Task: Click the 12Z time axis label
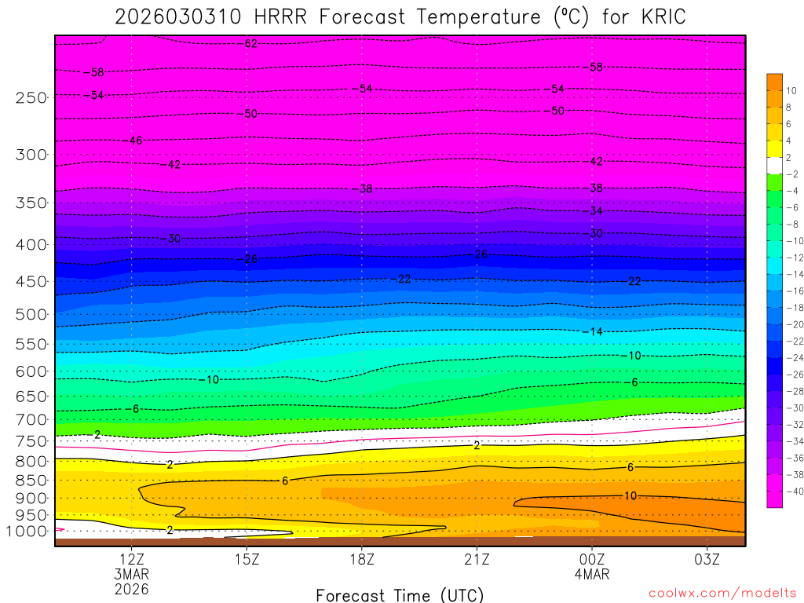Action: click(131, 560)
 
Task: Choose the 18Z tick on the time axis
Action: click(361, 560)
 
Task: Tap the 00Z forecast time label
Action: click(591, 560)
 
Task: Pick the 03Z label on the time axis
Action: click(707, 560)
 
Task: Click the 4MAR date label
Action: click(591, 574)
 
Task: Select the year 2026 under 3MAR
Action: click(131, 588)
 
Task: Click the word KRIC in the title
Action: click(658, 17)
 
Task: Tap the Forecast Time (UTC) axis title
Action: click(400, 594)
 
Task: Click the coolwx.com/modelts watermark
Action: click(722, 594)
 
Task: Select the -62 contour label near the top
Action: click(250, 44)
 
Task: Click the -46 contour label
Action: click(135, 141)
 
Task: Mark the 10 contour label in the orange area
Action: click(630, 495)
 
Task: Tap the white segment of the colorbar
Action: click(774, 166)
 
